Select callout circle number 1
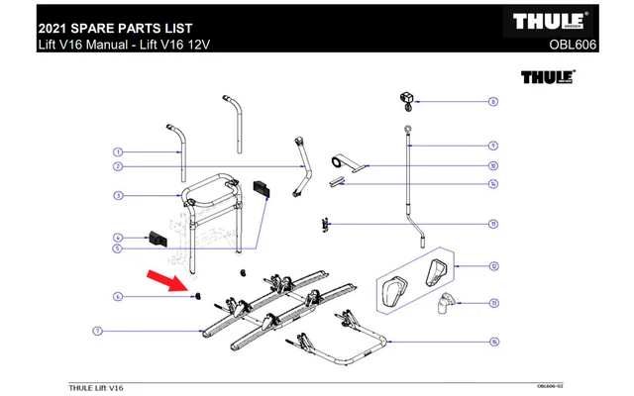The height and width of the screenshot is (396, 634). click(x=117, y=152)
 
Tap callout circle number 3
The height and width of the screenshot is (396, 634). click(x=117, y=196)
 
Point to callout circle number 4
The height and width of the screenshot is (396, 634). click(x=117, y=238)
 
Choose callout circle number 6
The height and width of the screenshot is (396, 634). click(x=117, y=296)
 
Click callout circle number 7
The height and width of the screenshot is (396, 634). click(x=98, y=329)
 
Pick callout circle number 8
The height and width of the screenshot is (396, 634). click(x=492, y=101)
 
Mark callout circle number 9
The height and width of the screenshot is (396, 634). click(x=492, y=145)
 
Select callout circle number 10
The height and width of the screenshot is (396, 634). click(x=492, y=166)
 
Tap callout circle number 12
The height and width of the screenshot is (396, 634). click(x=492, y=265)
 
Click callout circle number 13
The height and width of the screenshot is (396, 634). click(x=492, y=302)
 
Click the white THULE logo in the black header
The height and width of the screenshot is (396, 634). click(x=555, y=21)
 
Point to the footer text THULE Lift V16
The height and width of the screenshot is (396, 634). click(x=96, y=386)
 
